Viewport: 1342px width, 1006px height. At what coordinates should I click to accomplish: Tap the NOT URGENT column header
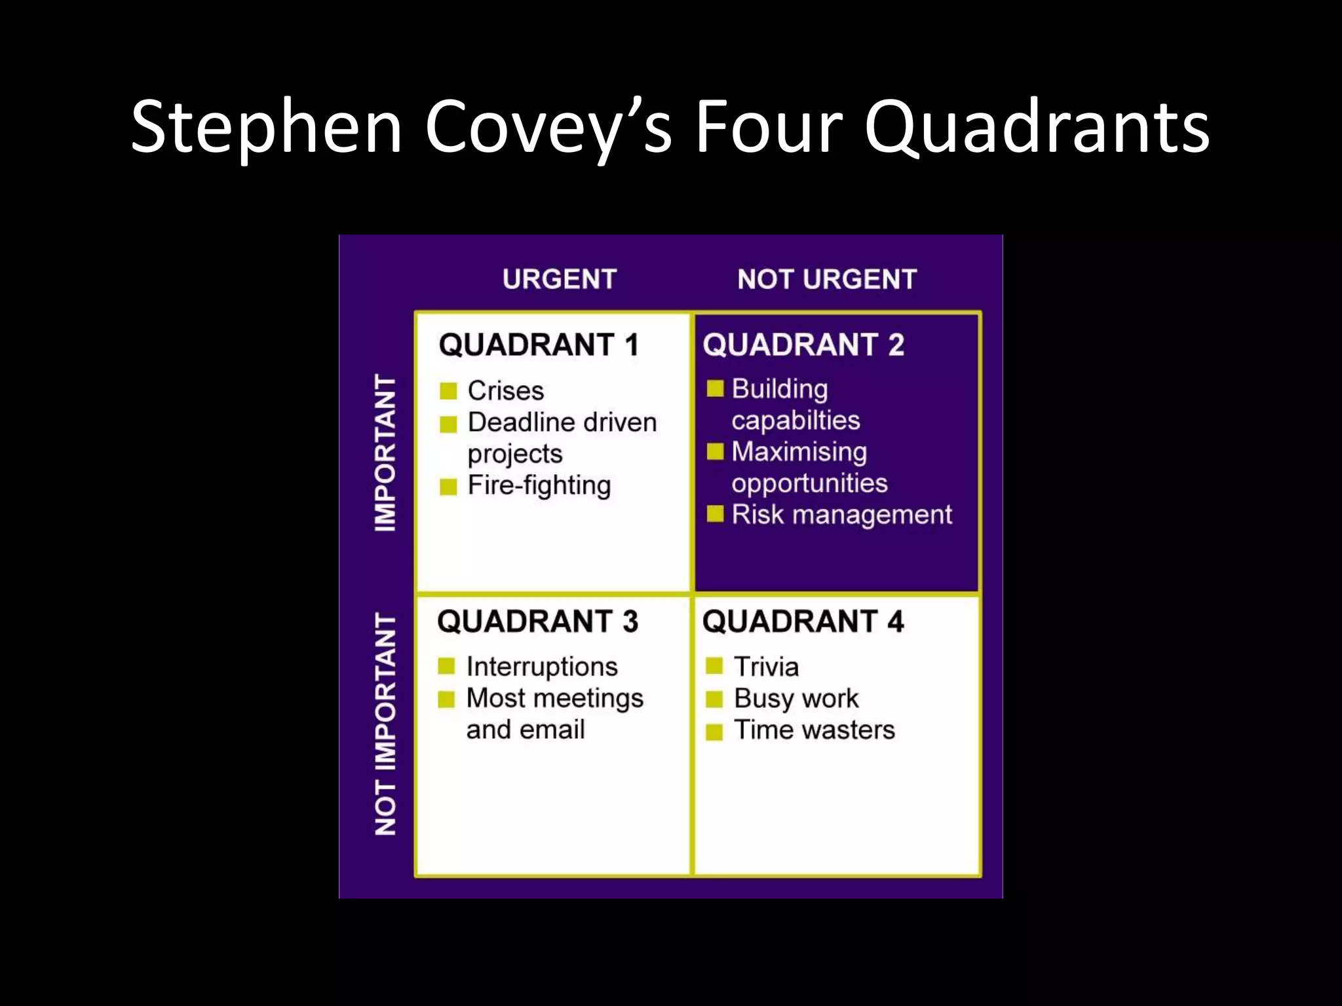[827, 280]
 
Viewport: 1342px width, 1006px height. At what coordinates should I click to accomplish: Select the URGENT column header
[560, 280]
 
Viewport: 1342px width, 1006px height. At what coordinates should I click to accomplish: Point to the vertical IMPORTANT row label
[385, 453]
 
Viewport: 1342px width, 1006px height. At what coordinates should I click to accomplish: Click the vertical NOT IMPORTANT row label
[385, 724]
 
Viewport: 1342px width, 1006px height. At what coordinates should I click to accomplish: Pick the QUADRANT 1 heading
[539, 345]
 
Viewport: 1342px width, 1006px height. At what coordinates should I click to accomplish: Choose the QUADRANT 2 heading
[803, 345]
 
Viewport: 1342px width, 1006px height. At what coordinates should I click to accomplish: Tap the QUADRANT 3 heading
[537, 622]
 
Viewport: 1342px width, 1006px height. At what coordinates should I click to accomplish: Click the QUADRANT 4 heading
[803, 622]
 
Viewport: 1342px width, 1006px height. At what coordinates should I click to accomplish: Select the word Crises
[505, 391]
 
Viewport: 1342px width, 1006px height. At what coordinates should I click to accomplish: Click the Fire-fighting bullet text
[539, 486]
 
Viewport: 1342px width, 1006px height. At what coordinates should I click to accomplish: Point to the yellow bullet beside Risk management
[715, 514]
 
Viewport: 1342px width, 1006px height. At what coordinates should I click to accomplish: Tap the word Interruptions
[542, 667]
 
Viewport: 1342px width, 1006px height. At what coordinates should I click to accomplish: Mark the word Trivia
[766, 667]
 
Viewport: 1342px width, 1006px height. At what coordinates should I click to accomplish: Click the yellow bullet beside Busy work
[714, 699]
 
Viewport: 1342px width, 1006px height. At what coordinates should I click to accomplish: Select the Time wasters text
[814, 730]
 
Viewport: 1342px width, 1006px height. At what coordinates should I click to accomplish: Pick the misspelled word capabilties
[796, 420]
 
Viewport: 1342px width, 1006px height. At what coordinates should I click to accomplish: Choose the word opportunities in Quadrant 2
[809, 483]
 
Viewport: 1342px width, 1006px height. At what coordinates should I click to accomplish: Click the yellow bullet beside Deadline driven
[448, 424]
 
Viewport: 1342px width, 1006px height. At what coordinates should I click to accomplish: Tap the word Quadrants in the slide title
[1037, 128]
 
